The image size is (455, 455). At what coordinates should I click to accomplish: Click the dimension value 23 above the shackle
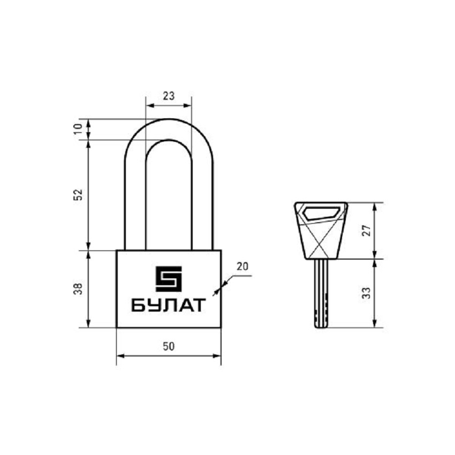[x=169, y=96]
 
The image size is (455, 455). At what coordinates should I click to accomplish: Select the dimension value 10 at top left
[x=78, y=129]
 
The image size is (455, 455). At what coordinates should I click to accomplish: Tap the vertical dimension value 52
[x=78, y=194]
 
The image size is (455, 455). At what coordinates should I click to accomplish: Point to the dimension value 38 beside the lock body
[x=78, y=289]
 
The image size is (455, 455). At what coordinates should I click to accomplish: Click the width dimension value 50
[x=169, y=346]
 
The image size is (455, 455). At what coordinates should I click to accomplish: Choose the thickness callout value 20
[x=242, y=267]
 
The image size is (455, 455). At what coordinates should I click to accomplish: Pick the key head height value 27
[x=367, y=230]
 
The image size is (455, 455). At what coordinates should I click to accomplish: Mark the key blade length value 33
[x=367, y=293]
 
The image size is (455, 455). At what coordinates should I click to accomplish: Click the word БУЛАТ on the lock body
[x=169, y=305]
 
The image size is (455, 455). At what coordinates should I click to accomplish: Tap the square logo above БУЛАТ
[x=169, y=278]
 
